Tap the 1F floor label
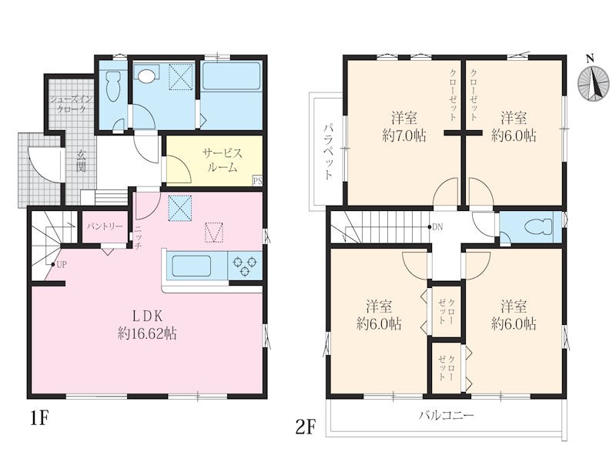tap(39, 419)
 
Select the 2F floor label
tap(306, 427)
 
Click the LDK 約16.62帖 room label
tap(147, 325)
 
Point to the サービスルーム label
tap(223, 160)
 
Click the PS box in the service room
tap(257, 181)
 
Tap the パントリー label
tap(105, 226)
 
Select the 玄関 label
tap(81, 161)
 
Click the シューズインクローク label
tap(72, 104)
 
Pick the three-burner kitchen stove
tap(245, 266)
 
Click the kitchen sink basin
tap(191, 266)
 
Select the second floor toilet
tap(538, 227)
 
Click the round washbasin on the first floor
tap(146, 75)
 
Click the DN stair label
tap(437, 226)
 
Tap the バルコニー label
tap(447, 415)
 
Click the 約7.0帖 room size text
tap(403, 136)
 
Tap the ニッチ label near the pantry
tap(138, 238)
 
